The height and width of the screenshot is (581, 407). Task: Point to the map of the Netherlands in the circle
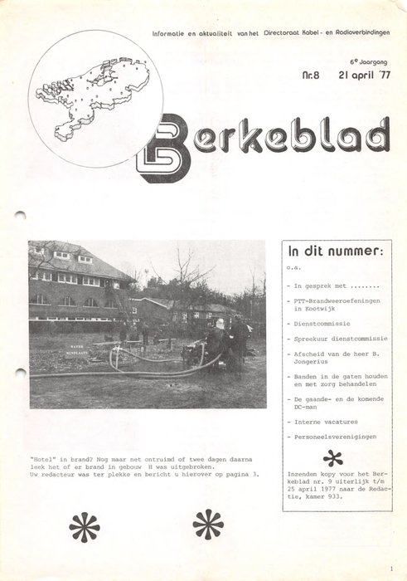pyautogui.click(x=93, y=97)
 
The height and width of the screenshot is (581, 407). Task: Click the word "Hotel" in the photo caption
pyautogui.click(x=42, y=457)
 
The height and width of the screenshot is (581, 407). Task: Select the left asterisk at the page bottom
pyautogui.click(x=84, y=526)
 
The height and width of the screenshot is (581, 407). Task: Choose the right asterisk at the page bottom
pyautogui.click(x=207, y=525)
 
